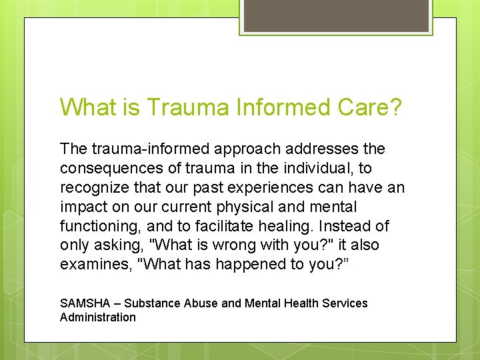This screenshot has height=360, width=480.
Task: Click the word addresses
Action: (323, 149)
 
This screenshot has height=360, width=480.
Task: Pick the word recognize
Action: (92, 187)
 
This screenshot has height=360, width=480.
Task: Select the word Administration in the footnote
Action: (97, 317)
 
